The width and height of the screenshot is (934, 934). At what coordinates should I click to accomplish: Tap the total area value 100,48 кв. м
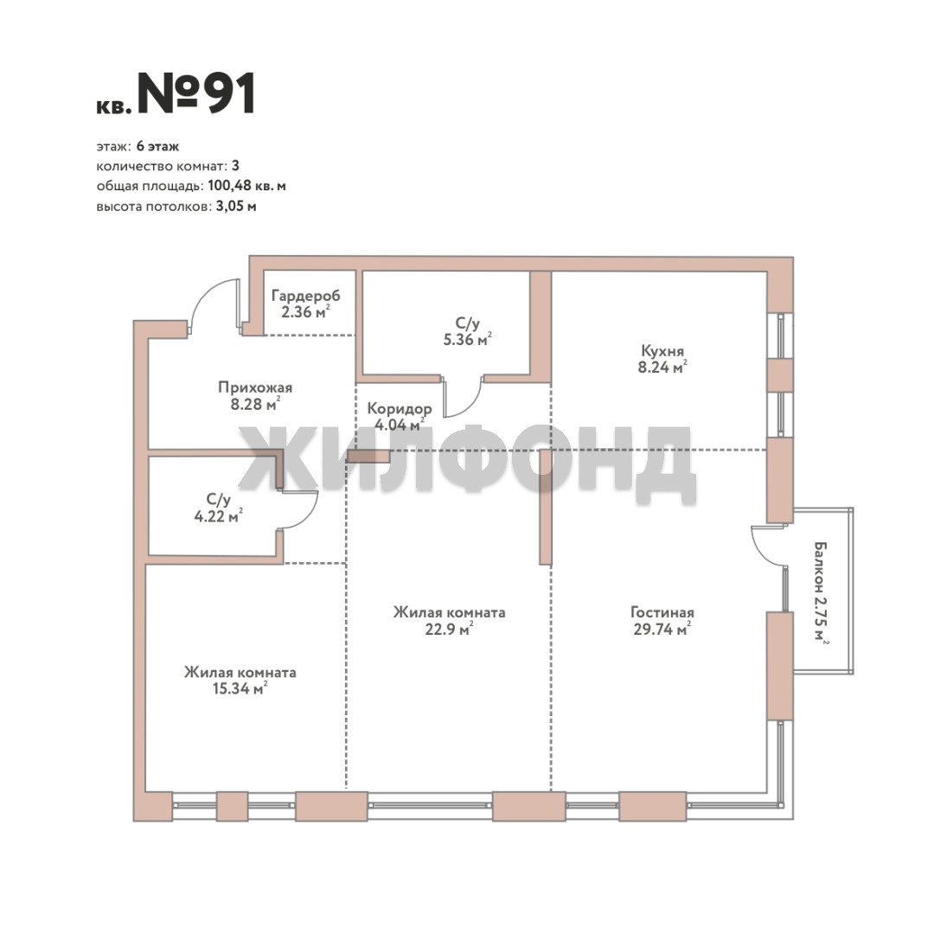(x=246, y=186)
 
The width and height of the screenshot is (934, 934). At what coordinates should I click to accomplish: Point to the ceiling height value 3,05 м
(x=236, y=206)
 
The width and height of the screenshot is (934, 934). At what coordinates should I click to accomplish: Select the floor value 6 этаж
(x=157, y=146)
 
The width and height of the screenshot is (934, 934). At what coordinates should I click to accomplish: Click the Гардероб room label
(x=305, y=296)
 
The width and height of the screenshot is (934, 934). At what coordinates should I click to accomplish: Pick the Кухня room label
(x=662, y=351)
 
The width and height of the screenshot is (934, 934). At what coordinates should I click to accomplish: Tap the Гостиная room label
(x=662, y=612)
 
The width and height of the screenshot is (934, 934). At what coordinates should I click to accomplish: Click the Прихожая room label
(x=255, y=387)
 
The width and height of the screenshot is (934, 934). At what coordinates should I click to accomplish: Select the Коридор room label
(x=399, y=408)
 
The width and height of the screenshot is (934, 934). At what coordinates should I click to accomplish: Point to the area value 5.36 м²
(x=467, y=339)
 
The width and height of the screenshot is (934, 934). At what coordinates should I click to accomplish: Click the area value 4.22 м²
(x=218, y=515)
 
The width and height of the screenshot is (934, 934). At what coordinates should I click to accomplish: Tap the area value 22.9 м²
(x=449, y=629)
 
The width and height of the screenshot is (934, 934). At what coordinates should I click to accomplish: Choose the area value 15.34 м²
(x=240, y=688)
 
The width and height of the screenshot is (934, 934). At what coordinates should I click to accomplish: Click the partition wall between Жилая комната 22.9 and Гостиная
(x=545, y=507)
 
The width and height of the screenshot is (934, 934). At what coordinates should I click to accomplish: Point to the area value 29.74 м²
(x=662, y=629)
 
